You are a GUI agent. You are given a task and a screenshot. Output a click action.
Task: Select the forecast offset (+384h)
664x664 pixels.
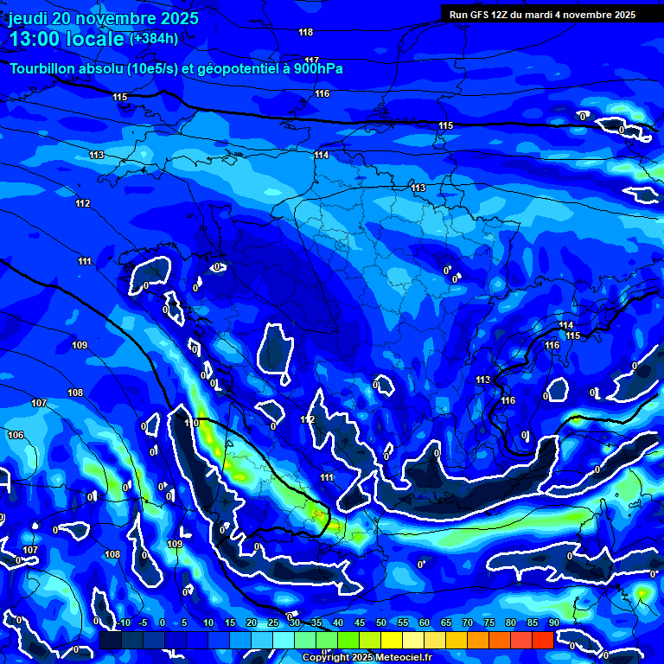(x=154, y=38)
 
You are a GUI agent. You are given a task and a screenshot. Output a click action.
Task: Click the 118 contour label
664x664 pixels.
(x=305, y=32)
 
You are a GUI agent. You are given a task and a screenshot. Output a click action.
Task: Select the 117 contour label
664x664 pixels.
(x=312, y=61)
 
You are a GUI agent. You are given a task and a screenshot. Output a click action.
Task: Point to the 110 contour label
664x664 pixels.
(x=192, y=423)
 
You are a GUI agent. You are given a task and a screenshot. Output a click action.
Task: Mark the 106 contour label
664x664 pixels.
(x=16, y=435)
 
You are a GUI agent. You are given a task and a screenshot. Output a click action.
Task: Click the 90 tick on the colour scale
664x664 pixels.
(x=553, y=622)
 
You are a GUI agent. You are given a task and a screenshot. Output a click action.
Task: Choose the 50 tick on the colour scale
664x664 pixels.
(x=381, y=622)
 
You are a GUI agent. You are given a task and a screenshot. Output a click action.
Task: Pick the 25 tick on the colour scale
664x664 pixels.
(x=273, y=622)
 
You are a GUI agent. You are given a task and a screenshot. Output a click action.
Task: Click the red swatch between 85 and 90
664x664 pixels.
(x=542, y=640)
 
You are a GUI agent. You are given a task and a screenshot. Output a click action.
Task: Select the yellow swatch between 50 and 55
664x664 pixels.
(x=392, y=640)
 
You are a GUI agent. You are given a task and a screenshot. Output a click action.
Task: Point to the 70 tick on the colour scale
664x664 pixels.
(x=468, y=622)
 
